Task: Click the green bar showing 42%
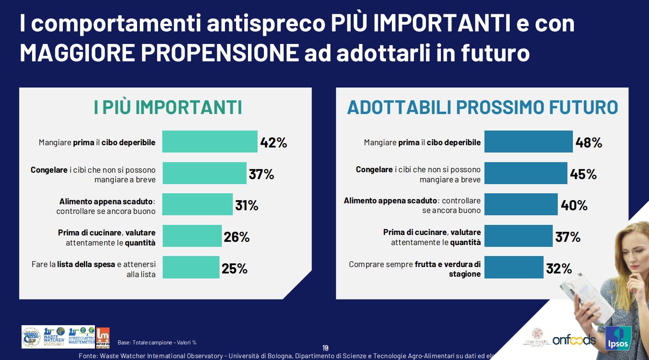(x=210, y=142)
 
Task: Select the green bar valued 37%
(x=204, y=174)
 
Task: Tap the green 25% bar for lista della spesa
(x=191, y=267)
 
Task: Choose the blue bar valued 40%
(x=521, y=205)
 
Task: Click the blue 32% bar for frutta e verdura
(x=514, y=267)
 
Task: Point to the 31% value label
(x=247, y=206)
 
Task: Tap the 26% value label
(x=236, y=237)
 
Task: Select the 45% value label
(x=583, y=174)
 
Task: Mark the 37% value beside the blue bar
(x=568, y=237)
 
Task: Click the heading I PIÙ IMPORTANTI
(x=168, y=108)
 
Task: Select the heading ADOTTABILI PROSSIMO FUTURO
(x=483, y=108)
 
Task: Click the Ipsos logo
(x=618, y=338)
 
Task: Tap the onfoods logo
(x=574, y=339)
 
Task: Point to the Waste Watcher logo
(x=54, y=337)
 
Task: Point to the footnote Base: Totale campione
(x=157, y=343)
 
